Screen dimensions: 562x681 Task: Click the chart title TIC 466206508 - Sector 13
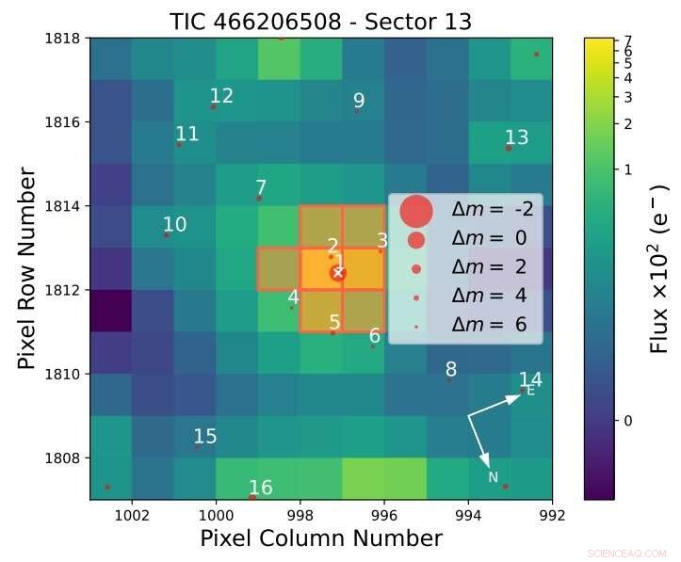pos(321,21)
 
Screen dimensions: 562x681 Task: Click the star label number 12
pos(221,96)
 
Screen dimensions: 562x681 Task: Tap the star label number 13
pos(516,138)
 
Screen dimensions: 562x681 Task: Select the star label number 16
pos(261,488)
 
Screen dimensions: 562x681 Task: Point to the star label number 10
pos(175,225)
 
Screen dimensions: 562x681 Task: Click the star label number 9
pos(359,102)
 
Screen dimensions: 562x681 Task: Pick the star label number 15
pos(205,437)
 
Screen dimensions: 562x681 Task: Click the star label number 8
pos(451,370)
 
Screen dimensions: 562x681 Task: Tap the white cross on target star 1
pos(338,273)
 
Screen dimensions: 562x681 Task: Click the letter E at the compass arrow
pos(530,391)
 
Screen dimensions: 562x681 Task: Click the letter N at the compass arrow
pos(493,477)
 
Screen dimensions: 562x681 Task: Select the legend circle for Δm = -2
pos(416,211)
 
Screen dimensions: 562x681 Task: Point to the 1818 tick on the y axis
pos(67,39)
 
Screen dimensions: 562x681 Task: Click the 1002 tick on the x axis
pos(132,515)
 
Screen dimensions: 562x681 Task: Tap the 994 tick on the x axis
pos(468,515)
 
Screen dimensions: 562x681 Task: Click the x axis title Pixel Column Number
pos(321,538)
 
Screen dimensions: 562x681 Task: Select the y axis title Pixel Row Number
pos(27,269)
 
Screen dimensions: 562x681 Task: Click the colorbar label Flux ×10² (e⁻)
pos(659,269)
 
